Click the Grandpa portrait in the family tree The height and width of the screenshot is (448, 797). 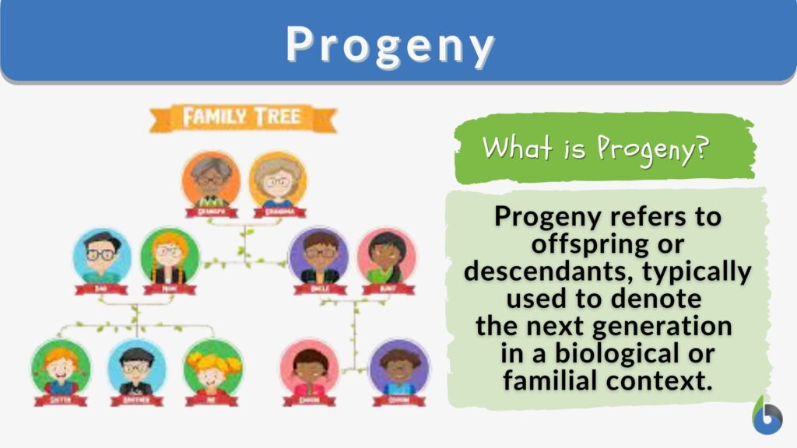[x=209, y=180]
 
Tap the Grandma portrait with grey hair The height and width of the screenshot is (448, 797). [x=277, y=180]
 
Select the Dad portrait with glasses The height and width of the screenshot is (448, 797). [x=101, y=256]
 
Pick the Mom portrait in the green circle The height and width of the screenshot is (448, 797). [x=169, y=256]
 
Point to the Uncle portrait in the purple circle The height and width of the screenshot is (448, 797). [x=318, y=256]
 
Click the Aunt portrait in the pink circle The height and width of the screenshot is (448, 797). [x=386, y=256]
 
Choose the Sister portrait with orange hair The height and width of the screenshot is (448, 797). [x=60, y=367]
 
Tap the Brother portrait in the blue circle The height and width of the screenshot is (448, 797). [x=136, y=367]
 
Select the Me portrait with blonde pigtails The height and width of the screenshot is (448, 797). [x=212, y=367]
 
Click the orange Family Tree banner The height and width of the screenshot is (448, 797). [x=243, y=118]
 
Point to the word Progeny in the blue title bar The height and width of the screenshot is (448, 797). [x=390, y=45]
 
